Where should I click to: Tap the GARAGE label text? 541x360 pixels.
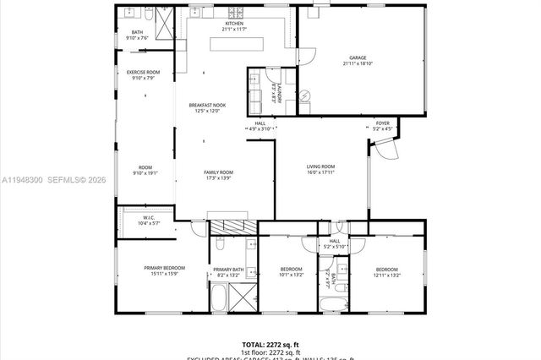pyautogui.click(x=358, y=58)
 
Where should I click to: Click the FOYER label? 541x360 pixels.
pyautogui.click(x=382, y=123)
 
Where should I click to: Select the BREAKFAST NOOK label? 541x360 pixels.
pyautogui.click(x=207, y=105)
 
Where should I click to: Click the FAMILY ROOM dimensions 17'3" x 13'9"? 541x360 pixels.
pyautogui.click(x=219, y=178)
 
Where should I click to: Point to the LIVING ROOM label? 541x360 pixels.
pyautogui.click(x=320, y=166)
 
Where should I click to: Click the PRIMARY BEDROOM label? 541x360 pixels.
pyautogui.click(x=164, y=268)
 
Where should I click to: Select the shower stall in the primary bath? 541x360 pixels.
pyautogui.click(x=243, y=297)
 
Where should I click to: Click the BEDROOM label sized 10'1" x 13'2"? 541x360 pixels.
pyautogui.click(x=291, y=269)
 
